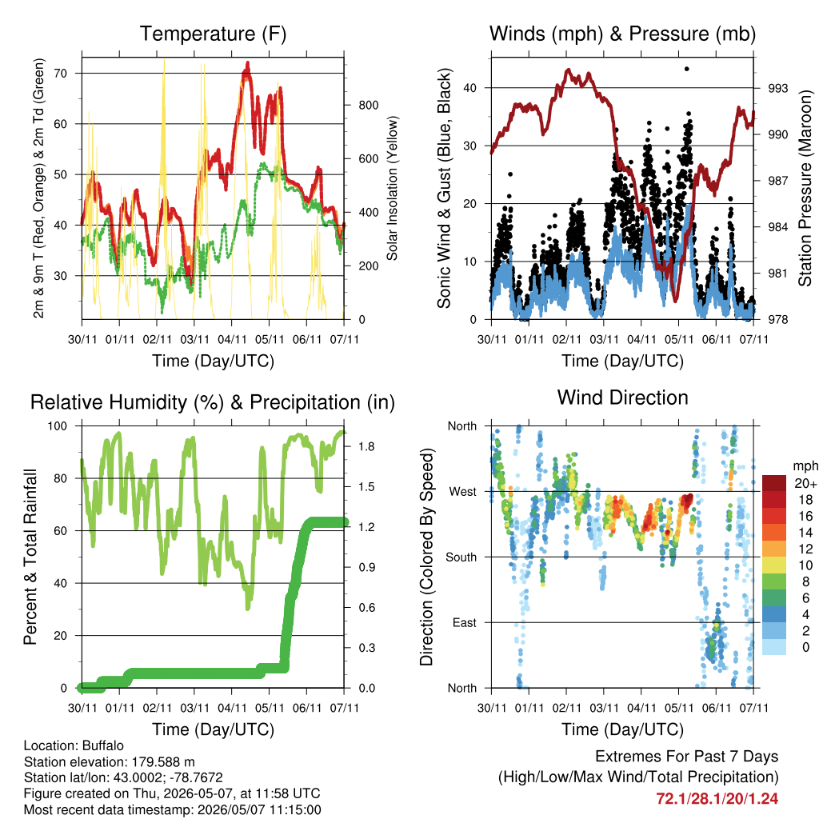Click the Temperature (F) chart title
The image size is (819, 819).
(213, 34)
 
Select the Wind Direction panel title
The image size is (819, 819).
(622, 398)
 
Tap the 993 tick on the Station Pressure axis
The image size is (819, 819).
(777, 88)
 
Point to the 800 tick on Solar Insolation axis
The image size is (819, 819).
(368, 105)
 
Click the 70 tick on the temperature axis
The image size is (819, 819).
(61, 73)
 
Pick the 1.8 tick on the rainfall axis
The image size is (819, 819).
(366, 446)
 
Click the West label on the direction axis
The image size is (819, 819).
(463, 492)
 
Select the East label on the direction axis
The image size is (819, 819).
(465, 622)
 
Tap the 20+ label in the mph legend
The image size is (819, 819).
(805, 483)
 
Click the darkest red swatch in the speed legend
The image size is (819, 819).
(774, 483)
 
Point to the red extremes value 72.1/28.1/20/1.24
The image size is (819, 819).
(717, 799)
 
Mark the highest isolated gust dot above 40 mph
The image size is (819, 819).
(687, 69)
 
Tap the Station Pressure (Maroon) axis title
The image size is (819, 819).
(805, 188)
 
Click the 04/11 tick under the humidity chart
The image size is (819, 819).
(232, 708)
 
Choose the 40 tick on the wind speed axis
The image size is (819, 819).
(470, 88)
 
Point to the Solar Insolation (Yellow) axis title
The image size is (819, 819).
(392, 188)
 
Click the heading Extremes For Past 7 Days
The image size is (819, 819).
(687, 757)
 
